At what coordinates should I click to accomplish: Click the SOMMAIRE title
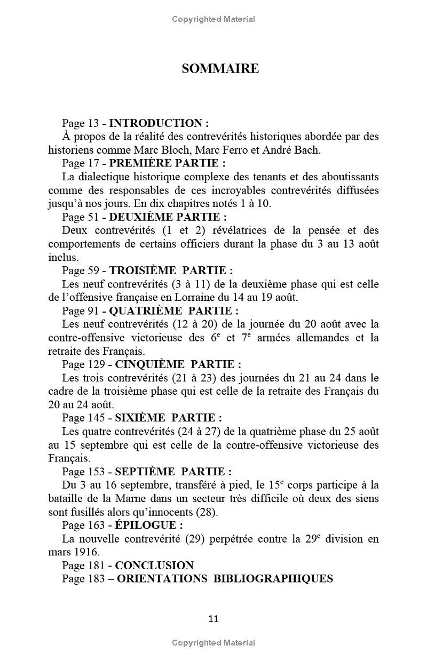pyautogui.click(x=220, y=69)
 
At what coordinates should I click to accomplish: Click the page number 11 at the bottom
pyautogui.click(x=213, y=619)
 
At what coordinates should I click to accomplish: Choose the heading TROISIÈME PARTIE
pyautogui.click(x=171, y=270)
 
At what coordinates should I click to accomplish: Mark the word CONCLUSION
pyautogui.click(x=154, y=566)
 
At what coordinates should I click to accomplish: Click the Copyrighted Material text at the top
pyautogui.click(x=213, y=19)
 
